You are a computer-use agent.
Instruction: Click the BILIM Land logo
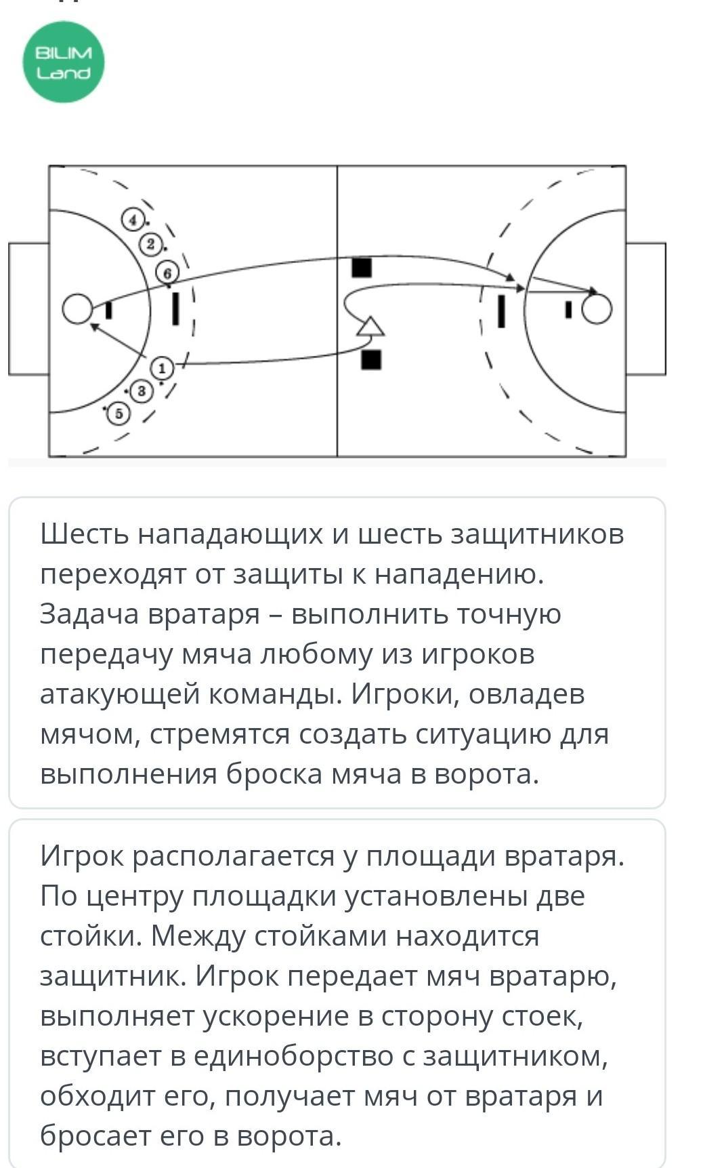click(x=64, y=62)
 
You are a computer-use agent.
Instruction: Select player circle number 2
click(x=150, y=245)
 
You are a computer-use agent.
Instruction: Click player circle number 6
click(x=168, y=273)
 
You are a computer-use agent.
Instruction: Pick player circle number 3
click(x=141, y=391)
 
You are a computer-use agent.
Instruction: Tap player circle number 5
click(x=119, y=413)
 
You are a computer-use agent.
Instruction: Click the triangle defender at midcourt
click(x=370, y=326)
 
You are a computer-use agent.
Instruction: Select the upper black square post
click(x=362, y=268)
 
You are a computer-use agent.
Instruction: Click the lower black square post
click(x=371, y=359)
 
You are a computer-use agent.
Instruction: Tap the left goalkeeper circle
click(x=78, y=309)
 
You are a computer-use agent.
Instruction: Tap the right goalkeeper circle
click(x=597, y=309)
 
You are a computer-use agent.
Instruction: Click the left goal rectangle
click(x=28, y=308)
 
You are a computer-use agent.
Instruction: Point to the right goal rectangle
click(x=645, y=308)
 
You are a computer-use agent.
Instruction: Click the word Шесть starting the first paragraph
click(x=84, y=534)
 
